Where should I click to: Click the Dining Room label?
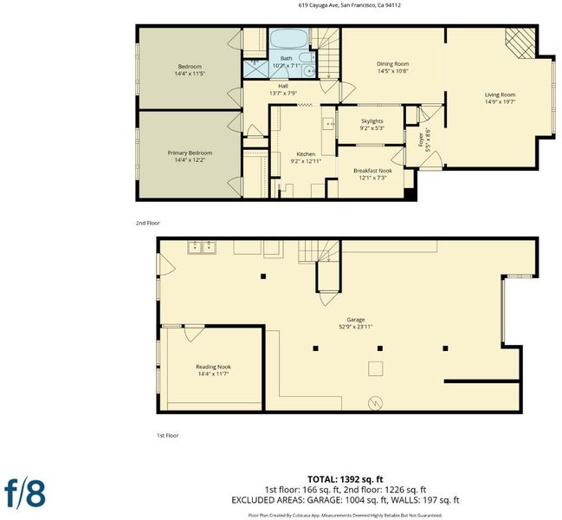(393, 64)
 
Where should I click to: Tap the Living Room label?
(500, 94)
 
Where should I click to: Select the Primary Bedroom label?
(190, 153)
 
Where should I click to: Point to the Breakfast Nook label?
(372, 171)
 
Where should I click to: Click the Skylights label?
(372, 121)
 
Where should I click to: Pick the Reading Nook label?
(213, 367)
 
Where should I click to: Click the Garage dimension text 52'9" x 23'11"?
(356, 327)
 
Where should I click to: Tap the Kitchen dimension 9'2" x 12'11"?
(306, 161)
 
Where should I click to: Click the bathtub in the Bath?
(288, 38)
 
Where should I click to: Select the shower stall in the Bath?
(256, 68)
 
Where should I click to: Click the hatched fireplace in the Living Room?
(520, 43)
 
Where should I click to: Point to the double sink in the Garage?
(202, 248)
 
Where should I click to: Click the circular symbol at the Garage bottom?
(376, 403)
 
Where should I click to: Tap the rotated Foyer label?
(424, 140)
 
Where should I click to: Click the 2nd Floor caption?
(148, 223)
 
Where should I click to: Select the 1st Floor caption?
(168, 436)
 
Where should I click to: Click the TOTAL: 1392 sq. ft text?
(346, 479)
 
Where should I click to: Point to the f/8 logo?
(25, 493)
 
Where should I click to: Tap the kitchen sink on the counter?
(329, 124)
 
